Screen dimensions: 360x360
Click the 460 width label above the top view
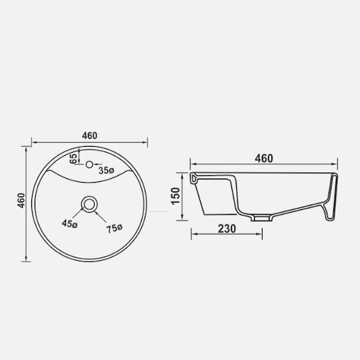(x=89, y=135)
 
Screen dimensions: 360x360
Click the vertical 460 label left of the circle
(x=21, y=201)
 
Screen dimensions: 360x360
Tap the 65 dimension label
(x=74, y=159)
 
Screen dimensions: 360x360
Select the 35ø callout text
(x=106, y=171)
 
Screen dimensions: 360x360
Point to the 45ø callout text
(x=69, y=223)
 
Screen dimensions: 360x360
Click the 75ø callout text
(x=115, y=229)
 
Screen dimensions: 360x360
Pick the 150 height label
(x=175, y=196)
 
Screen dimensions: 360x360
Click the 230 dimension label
(x=227, y=229)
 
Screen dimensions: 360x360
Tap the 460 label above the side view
(x=264, y=159)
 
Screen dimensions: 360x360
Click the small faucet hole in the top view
(x=89, y=165)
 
